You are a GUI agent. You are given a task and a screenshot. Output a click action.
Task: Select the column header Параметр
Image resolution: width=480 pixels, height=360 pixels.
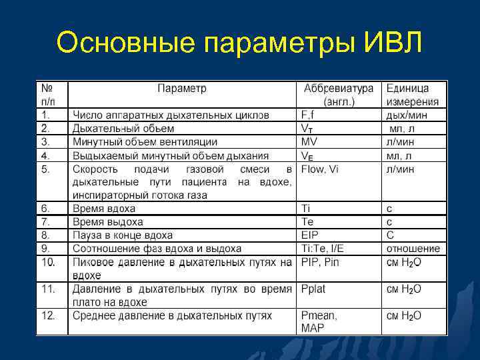pyautogui.click(x=182, y=89)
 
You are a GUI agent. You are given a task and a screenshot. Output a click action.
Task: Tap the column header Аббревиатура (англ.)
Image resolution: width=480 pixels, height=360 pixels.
pyautogui.click(x=339, y=95)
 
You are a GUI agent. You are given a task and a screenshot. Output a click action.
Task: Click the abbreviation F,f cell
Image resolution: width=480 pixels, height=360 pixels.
pyautogui.click(x=311, y=115)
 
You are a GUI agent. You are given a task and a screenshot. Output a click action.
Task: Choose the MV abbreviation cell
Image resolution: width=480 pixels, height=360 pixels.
pyautogui.click(x=309, y=141)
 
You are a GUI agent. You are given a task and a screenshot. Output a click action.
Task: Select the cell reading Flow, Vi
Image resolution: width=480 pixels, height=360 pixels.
pyautogui.click(x=320, y=169)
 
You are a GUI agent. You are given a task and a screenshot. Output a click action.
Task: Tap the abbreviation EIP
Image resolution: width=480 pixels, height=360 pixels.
pyautogui.click(x=310, y=235)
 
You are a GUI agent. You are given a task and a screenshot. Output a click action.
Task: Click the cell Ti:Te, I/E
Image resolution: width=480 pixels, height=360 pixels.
pyautogui.click(x=326, y=248)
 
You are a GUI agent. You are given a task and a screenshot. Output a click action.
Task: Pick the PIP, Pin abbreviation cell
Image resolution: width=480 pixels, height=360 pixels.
pyautogui.click(x=320, y=262)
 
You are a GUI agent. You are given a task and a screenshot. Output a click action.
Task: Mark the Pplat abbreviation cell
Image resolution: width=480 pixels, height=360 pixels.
pyautogui.click(x=313, y=289)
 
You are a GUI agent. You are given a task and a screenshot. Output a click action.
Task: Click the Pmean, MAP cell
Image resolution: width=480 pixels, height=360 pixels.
pyautogui.click(x=319, y=321)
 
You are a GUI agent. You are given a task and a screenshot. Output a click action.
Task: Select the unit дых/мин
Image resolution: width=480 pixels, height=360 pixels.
pyautogui.click(x=408, y=115)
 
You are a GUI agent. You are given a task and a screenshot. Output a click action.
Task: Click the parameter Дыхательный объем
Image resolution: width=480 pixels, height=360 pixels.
pyautogui.click(x=123, y=128)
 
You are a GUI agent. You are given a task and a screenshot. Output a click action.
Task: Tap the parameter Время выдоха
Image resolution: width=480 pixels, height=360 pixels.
pyautogui.click(x=107, y=221)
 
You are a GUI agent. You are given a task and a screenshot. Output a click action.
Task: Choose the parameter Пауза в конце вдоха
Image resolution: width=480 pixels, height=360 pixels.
pyautogui.click(x=123, y=235)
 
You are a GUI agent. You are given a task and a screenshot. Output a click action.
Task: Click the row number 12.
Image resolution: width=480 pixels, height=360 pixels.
pyautogui.click(x=48, y=315)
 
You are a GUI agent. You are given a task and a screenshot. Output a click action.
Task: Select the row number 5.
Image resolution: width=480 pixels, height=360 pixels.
pyautogui.click(x=45, y=169)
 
